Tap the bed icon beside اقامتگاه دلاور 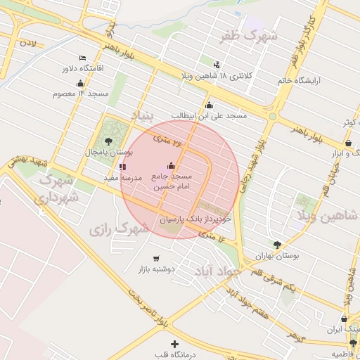pos(83,58)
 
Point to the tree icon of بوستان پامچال pos(108,141)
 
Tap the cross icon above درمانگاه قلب pos(175,343)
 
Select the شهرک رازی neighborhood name pos(120,229)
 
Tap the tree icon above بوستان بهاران pos(278,245)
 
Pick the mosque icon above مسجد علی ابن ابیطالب pos(209,105)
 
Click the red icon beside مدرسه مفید pos(123,167)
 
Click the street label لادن pos(28,44)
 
